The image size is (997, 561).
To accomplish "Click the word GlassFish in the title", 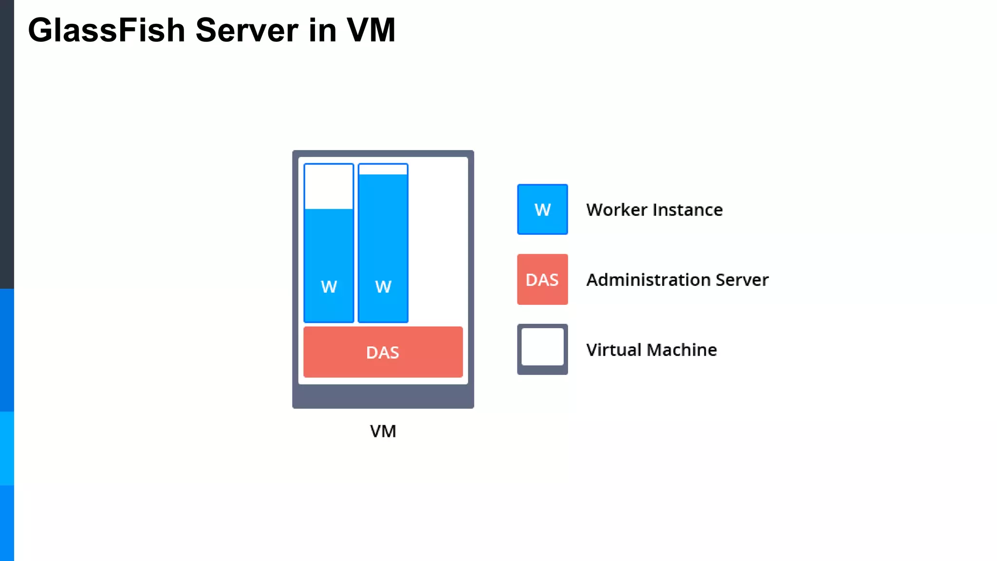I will point(107,30).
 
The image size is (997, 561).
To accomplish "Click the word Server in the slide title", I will point(247,30).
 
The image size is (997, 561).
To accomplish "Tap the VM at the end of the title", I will point(371,30).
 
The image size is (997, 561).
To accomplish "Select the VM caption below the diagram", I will point(383,431).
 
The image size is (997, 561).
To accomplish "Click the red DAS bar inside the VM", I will point(383,352).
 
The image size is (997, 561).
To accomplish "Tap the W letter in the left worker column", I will point(329,287).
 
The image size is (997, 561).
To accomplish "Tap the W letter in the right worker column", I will point(383,287).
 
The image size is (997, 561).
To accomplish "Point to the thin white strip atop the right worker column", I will point(383,169).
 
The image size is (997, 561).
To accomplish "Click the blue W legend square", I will point(542,209).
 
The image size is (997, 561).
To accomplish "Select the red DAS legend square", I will point(542,280).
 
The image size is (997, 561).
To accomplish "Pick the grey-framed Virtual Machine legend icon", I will point(542,349).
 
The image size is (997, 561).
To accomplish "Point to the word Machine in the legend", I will point(682,350).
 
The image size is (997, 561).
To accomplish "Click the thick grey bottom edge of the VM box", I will point(383,396).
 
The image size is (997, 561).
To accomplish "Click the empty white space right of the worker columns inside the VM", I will point(438,243).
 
